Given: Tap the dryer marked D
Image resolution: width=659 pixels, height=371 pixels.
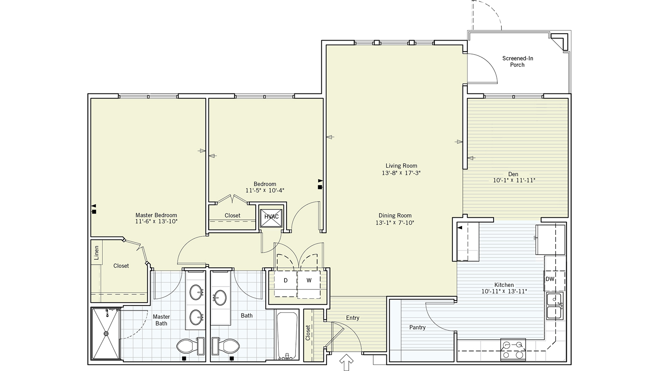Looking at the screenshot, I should coord(286,281).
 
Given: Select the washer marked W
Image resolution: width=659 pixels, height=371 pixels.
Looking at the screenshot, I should coord(309,281).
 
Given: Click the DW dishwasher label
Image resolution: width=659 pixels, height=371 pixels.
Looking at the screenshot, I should coord(550,279).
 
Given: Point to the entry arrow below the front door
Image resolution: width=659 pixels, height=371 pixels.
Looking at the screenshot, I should coord(347,362).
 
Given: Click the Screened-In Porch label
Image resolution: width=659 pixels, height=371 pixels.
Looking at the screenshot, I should coord(517,61).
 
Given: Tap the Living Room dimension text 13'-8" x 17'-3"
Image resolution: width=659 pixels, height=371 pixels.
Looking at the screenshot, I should coord(401,173).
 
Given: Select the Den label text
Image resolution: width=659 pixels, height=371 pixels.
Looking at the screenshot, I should coord(513,174).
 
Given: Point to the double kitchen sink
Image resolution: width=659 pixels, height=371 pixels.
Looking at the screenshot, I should coord(555,306).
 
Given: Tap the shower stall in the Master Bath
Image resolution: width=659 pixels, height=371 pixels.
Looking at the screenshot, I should coord(106,334).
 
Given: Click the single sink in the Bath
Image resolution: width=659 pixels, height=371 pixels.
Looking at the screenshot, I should coord(221,298).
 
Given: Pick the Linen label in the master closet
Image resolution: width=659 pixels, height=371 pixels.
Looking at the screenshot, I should coord(97,253).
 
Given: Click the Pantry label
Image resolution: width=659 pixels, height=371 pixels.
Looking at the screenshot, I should coord(417,328).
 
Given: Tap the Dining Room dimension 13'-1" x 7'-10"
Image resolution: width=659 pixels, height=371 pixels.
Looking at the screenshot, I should coord(395,223).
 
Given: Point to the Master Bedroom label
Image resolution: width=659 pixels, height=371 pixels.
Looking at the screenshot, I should coord(156,215).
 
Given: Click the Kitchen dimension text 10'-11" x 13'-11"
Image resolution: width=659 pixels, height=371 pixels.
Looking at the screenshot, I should coord(504,291).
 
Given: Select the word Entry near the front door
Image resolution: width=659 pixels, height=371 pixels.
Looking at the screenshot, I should coord(352,318).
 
